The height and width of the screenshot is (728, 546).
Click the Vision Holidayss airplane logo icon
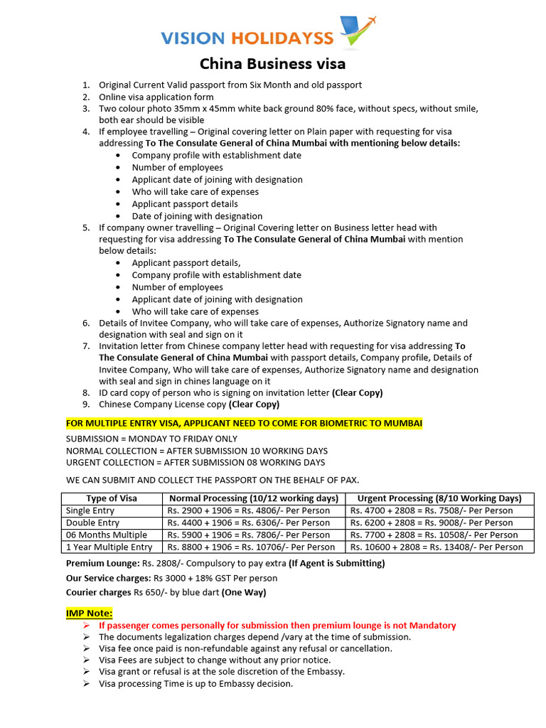[x=358, y=32]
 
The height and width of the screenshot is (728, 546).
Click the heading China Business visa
[x=272, y=64]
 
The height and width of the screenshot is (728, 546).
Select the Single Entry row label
[x=90, y=510]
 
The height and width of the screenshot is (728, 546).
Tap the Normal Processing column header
[x=253, y=498]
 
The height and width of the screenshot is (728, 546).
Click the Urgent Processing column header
[x=439, y=498]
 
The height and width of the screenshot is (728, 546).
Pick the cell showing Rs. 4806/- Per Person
[x=249, y=510]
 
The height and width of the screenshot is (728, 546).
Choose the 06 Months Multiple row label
[x=106, y=535]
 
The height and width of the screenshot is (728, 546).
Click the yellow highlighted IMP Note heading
[x=89, y=613]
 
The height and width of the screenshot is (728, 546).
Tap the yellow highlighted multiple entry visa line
[x=244, y=424]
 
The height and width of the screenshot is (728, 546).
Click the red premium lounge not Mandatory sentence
[x=277, y=625]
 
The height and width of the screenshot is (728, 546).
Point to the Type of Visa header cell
[x=112, y=498]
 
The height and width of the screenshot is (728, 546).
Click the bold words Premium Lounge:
[x=102, y=563]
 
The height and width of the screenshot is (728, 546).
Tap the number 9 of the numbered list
[x=85, y=405]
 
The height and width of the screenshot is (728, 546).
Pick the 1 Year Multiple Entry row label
[x=109, y=547]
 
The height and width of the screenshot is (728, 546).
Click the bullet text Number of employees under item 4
[x=177, y=167]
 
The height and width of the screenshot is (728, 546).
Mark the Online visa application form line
[x=156, y=97]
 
